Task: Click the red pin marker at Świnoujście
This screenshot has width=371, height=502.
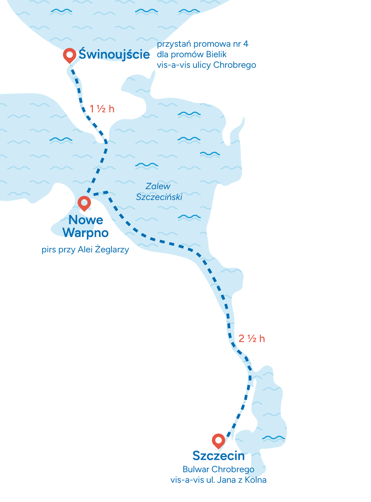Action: click(x=70, y=55)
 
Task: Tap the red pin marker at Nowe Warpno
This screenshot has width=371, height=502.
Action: click(x=84, y=202)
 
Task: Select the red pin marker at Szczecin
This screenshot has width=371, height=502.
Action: click(x=218, y=440)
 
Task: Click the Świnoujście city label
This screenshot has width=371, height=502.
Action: click(x=114, y=55)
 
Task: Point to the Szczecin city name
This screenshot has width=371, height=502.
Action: click(x=218, y=456)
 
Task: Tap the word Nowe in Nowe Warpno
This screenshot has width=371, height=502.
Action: click(x=86, y=220)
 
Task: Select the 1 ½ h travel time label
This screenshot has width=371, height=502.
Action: click(x=102, y=109)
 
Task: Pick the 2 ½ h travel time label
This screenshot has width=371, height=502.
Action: click(x=252, y=339)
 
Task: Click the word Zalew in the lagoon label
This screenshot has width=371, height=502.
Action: click(x=158, y=186)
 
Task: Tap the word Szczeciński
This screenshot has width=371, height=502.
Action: click(x=159, y=197)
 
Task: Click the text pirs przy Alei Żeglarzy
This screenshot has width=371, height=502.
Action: click(x=85, y=250)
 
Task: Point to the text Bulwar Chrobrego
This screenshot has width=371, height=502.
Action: click(x=218, y=469)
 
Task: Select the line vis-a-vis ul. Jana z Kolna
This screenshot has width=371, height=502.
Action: click(x=218, y=480)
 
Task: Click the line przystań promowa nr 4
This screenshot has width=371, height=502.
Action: click(x=202, y=44)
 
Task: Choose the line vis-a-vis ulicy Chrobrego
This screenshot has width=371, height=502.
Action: click(x=206, y=65)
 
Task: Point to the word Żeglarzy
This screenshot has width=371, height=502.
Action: click(x=112, y=250)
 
